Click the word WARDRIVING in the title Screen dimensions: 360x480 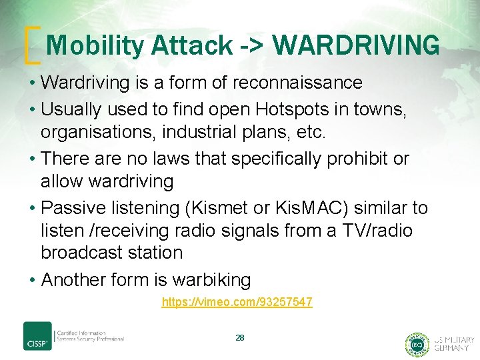tap(356, 46)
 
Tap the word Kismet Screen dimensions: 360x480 tap(217, 208)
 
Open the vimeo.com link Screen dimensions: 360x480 tap(237, 303)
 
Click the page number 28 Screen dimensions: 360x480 tap(240, 338)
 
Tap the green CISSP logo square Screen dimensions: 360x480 tap(37, 336)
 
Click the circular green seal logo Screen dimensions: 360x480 tap(417, 344)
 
